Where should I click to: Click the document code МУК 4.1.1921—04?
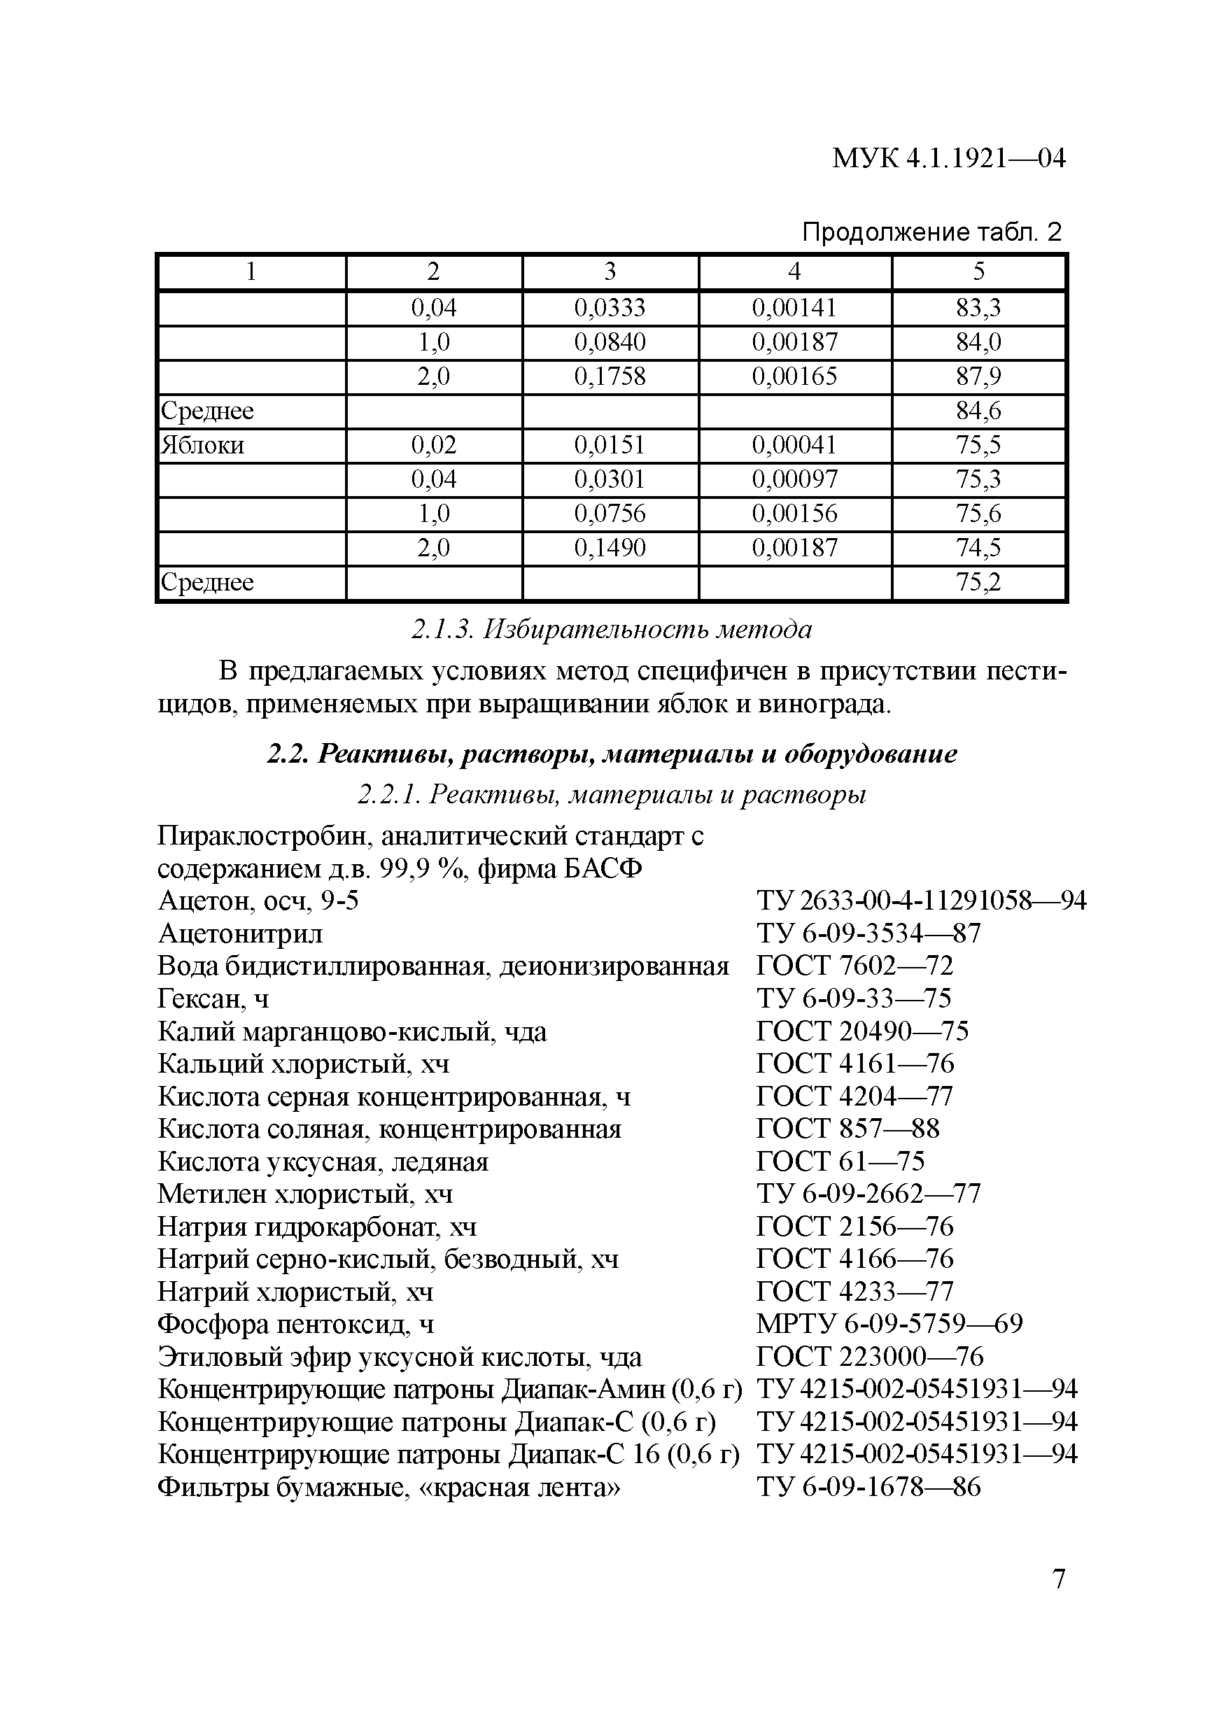[x=948, y=159]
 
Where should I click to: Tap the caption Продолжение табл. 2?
[x=931, y=232]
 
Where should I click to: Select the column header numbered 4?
[x=794, y=271]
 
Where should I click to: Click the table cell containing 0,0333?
[x=610, y=308]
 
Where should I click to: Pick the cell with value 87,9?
[x=978, y=376]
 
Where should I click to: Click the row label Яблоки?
[x=203, y=444]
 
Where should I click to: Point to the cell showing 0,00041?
[x=794, y=444]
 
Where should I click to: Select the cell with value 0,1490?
[x=610, y=547]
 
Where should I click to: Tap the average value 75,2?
[x=978, y=582]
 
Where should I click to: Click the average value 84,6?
[x=978, y=411]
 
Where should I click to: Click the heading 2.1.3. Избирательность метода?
[x=611, y=629]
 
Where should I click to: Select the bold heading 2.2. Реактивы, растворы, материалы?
[x=612, y=754]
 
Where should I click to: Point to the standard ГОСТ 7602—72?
[x=854, y=966]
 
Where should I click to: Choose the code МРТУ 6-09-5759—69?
[x=889, y=1323]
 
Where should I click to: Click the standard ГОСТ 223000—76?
[x=869, y=1357]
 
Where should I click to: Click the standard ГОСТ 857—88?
[x=847, y=1128]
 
